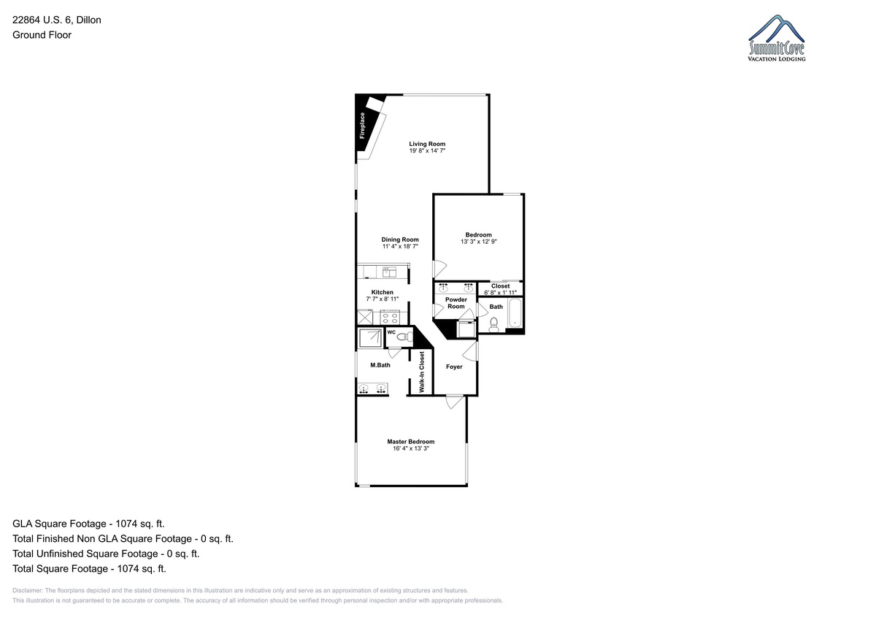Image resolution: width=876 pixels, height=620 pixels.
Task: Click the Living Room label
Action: point(427,144)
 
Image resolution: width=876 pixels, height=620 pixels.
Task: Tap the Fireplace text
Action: point(362,126)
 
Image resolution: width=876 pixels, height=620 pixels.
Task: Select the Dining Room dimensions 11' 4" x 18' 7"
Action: point(400,246)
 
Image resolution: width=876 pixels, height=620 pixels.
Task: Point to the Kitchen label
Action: point(382,292)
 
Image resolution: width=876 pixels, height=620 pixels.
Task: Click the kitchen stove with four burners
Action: point(390,317)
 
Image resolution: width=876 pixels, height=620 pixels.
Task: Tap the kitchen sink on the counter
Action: point(389,272)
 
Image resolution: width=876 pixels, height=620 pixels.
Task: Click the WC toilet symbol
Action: point(404,337)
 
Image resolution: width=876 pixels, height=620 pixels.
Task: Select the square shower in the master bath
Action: point(370,338)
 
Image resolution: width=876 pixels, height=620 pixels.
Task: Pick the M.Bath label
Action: point(380,365)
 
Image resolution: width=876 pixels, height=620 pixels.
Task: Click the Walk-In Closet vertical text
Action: point(422,372)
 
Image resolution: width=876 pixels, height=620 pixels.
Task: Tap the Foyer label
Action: point(454,367)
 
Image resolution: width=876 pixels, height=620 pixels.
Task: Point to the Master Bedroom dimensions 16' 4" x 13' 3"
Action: point(411,448)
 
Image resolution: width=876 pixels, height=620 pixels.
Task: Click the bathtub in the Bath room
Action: point(515,313)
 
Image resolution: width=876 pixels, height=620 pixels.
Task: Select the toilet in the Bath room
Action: point(494,325)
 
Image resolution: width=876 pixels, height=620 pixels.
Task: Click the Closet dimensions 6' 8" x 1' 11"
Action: point(500,293)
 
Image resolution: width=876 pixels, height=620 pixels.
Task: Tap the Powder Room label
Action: point(456,303)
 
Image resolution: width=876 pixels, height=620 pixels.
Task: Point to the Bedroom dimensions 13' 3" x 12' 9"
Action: point(479,242)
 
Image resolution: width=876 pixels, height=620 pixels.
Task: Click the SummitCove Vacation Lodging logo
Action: point(776,38)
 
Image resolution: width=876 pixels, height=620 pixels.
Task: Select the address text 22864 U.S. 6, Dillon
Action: point(57,20)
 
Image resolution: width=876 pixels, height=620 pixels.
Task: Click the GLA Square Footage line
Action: point(88,524)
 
